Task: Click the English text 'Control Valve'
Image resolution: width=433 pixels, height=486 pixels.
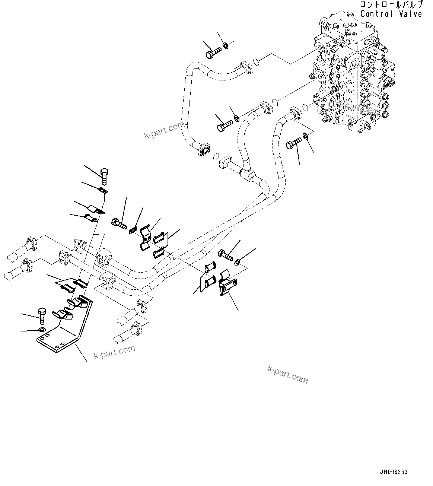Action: coord(391,14)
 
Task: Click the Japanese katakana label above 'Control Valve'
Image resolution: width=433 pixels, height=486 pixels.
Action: coord(391,4)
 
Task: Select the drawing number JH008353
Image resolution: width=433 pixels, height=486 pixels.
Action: coord(394,472)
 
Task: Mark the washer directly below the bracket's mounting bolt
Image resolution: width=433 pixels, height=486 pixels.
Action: coord(42,330)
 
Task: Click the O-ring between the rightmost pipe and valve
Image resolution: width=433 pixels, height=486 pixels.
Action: coord(305,107)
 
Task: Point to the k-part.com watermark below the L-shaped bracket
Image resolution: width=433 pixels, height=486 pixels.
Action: coord(114,352)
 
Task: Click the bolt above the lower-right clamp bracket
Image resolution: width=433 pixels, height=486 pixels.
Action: coord(226,255)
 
